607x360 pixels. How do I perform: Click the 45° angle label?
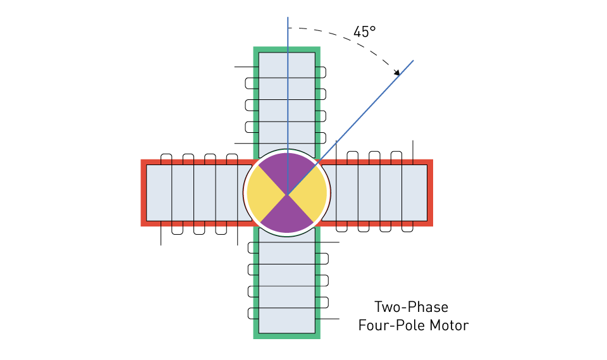(364, 32)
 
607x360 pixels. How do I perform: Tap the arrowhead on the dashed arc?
(397, 72)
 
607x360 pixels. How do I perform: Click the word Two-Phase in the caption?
(411, 307)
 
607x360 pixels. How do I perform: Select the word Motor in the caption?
(449, 325)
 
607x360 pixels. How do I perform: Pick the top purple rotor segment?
(287, 170)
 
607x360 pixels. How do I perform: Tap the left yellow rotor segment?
(264, 193)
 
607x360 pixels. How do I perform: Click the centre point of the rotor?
(287, 194)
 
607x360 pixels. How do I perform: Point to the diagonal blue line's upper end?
(414, 61)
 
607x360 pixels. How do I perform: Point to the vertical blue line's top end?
(288, 18)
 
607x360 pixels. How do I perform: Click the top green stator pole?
(287, 101)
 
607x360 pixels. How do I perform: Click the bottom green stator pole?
(287, 283)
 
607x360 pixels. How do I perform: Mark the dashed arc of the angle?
(350, 40)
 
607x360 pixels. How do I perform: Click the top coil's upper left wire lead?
(247, 67)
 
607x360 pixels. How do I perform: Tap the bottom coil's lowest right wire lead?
(328, 319)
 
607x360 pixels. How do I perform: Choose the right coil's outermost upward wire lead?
(413, 152)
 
